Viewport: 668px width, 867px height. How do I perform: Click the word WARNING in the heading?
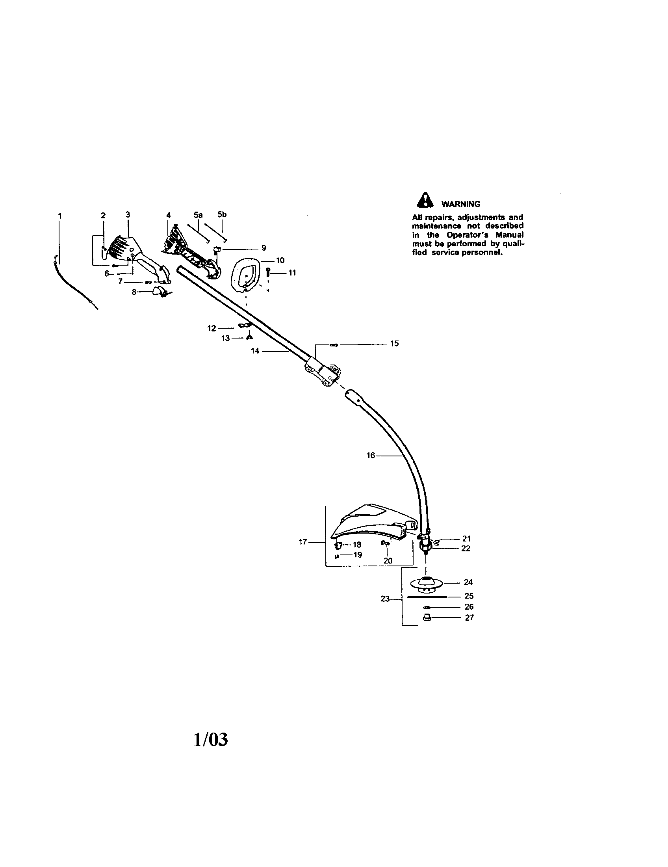(461, 204)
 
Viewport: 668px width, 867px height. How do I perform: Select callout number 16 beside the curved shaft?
(371, 455)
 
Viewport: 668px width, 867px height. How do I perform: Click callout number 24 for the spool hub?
(468, 582)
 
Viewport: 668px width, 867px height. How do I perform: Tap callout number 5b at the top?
(222, 215)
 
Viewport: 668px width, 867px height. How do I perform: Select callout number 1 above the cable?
(60, 216)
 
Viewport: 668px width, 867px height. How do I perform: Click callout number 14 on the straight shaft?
(255, 351)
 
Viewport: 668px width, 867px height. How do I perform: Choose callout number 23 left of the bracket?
(385, 599)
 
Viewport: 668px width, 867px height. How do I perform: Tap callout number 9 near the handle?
(264, 248)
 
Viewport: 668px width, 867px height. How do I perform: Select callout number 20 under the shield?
(388, 560)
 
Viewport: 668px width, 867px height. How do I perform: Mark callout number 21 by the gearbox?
(466, 539)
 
